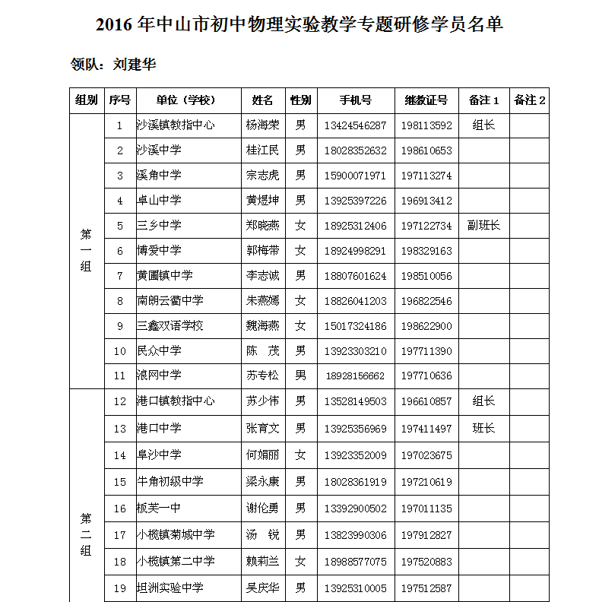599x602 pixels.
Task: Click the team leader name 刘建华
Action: click(x=135, y=65)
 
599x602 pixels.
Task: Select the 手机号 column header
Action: click(x=356, y=100)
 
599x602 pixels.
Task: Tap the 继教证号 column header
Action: click(x=426, y=100)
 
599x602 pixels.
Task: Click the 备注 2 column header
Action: click(x=530, y=100)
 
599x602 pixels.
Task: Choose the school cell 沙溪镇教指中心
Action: click(x=175, y=125)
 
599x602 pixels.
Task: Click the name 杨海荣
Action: click(x=262, y=125)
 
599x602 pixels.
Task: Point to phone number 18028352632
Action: click(x=356, y=150)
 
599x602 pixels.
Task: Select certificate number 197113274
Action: click(x=426, y=176)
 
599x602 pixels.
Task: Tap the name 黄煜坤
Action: click(x=262, y=201)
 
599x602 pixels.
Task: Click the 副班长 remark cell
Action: click(x=483, y=226)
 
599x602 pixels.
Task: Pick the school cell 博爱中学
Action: click(x=159, y=251)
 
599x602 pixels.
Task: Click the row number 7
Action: click(x=119, y=276)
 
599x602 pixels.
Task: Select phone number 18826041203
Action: click(x=356, y=301)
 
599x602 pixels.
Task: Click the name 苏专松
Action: click(x=262, y=375)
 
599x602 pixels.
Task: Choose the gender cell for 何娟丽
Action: click(x=300, y=455)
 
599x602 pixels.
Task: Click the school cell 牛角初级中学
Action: click(x=170, y=482)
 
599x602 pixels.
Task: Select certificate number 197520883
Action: click(x=426, y=562)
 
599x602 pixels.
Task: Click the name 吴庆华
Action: click(x=262, y=588)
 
